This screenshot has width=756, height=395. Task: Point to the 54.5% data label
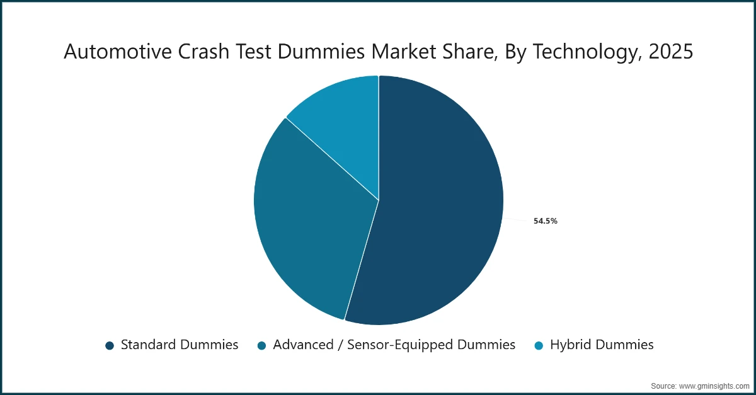[545, 221]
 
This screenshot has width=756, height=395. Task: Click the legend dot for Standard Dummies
[110, 345]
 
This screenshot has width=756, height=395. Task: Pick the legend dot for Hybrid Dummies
[539, 345]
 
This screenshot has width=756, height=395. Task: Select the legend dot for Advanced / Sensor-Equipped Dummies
[261, 345]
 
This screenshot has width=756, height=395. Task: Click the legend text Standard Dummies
[180, 345]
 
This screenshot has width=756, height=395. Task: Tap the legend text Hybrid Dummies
[602, 345]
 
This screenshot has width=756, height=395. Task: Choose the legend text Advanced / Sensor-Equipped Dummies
[394, 345]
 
